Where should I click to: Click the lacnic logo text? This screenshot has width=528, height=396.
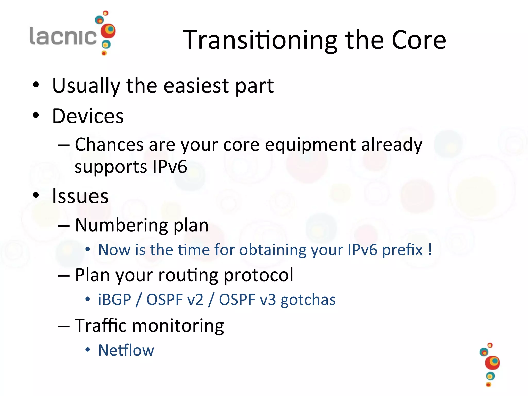click(63, 36)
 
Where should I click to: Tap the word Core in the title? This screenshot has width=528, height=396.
click(419, 40)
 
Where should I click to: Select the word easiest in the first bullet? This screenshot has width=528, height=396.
click(196, 86)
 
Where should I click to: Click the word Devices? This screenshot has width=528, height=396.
click(88, 116)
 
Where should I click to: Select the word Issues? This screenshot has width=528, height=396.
click(80, 196)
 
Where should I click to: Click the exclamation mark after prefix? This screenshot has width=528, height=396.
click(430, 250)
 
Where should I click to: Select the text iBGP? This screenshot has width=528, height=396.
click(114, 300)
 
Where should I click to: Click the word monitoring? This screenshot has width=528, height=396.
click(178, 326)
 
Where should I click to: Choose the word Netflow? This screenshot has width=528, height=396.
click(126, 350)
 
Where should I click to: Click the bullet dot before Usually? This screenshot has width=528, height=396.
click(36, 85)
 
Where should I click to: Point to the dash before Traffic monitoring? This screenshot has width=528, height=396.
click(64, 326)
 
